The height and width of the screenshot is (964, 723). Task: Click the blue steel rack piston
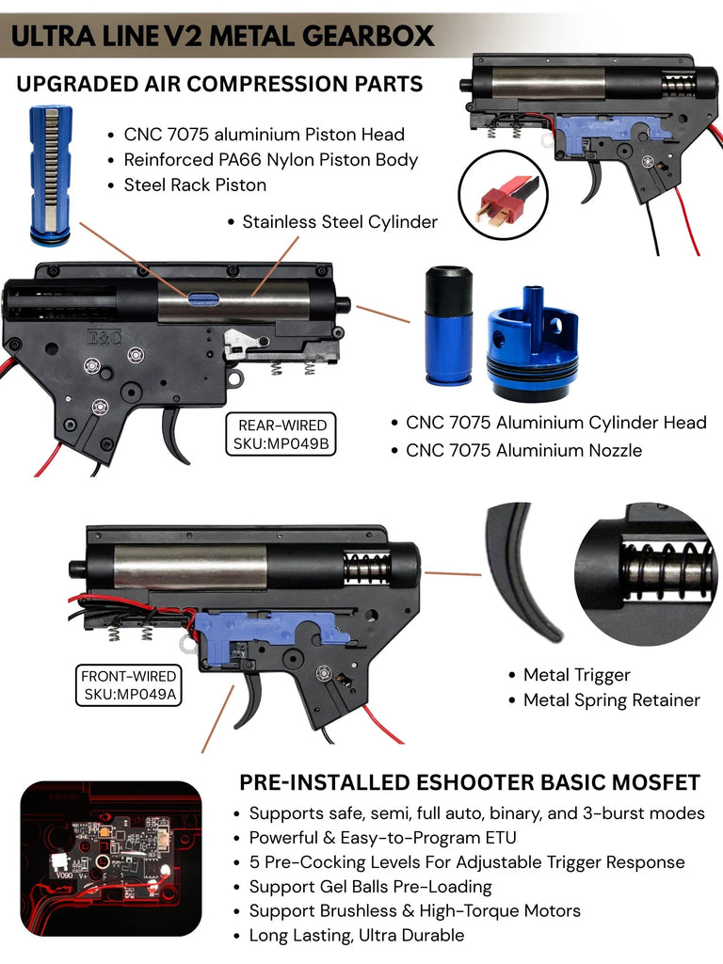coord(51,176)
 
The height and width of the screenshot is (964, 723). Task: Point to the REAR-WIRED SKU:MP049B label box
coord(281,434)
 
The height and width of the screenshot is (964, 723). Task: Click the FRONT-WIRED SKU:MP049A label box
coord(128,685)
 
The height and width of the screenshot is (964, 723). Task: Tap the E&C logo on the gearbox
coord(104,337)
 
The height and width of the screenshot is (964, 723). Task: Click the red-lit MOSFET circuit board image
coord(111,859)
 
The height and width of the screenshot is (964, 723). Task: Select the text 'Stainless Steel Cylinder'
coord(340,221)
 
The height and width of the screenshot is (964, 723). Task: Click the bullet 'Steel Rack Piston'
coord(195,185)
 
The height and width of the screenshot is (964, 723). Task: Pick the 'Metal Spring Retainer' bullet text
coord(612,699)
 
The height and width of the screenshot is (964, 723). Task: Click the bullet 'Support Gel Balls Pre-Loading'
coord(370,887)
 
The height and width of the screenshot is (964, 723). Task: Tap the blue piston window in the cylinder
coord(204,298)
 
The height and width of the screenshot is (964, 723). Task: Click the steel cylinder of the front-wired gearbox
coord(190,566)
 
